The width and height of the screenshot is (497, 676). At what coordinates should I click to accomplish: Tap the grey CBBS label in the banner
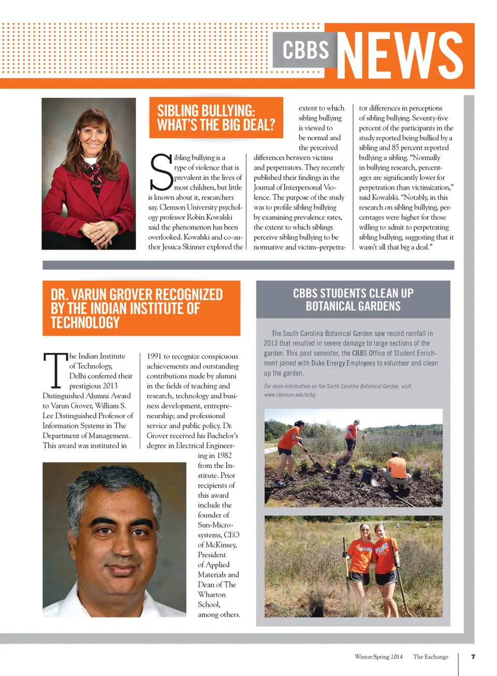coord(305,50)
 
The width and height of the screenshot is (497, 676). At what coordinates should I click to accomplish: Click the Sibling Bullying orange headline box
coord(216,118)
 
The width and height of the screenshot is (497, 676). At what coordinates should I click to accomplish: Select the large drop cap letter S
coord(160,172)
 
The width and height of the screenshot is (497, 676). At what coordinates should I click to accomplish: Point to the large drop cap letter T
coord(55,370)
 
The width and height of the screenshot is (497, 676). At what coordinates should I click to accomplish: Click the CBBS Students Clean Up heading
coord(353,299)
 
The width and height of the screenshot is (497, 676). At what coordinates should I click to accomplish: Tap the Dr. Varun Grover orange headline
coord(141,308)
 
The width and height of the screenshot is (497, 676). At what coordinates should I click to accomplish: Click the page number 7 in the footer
coord(473,656)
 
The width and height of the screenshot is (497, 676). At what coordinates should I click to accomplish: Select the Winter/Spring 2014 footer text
coord(378,657)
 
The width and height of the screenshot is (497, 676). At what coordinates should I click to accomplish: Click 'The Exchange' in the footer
coord(431,657)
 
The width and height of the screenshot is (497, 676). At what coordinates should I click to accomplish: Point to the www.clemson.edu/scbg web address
coord(290,395)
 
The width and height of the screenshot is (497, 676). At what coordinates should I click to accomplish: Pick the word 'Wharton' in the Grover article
coord(212,595)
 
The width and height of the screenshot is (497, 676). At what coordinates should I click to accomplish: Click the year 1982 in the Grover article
coord(224,455)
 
